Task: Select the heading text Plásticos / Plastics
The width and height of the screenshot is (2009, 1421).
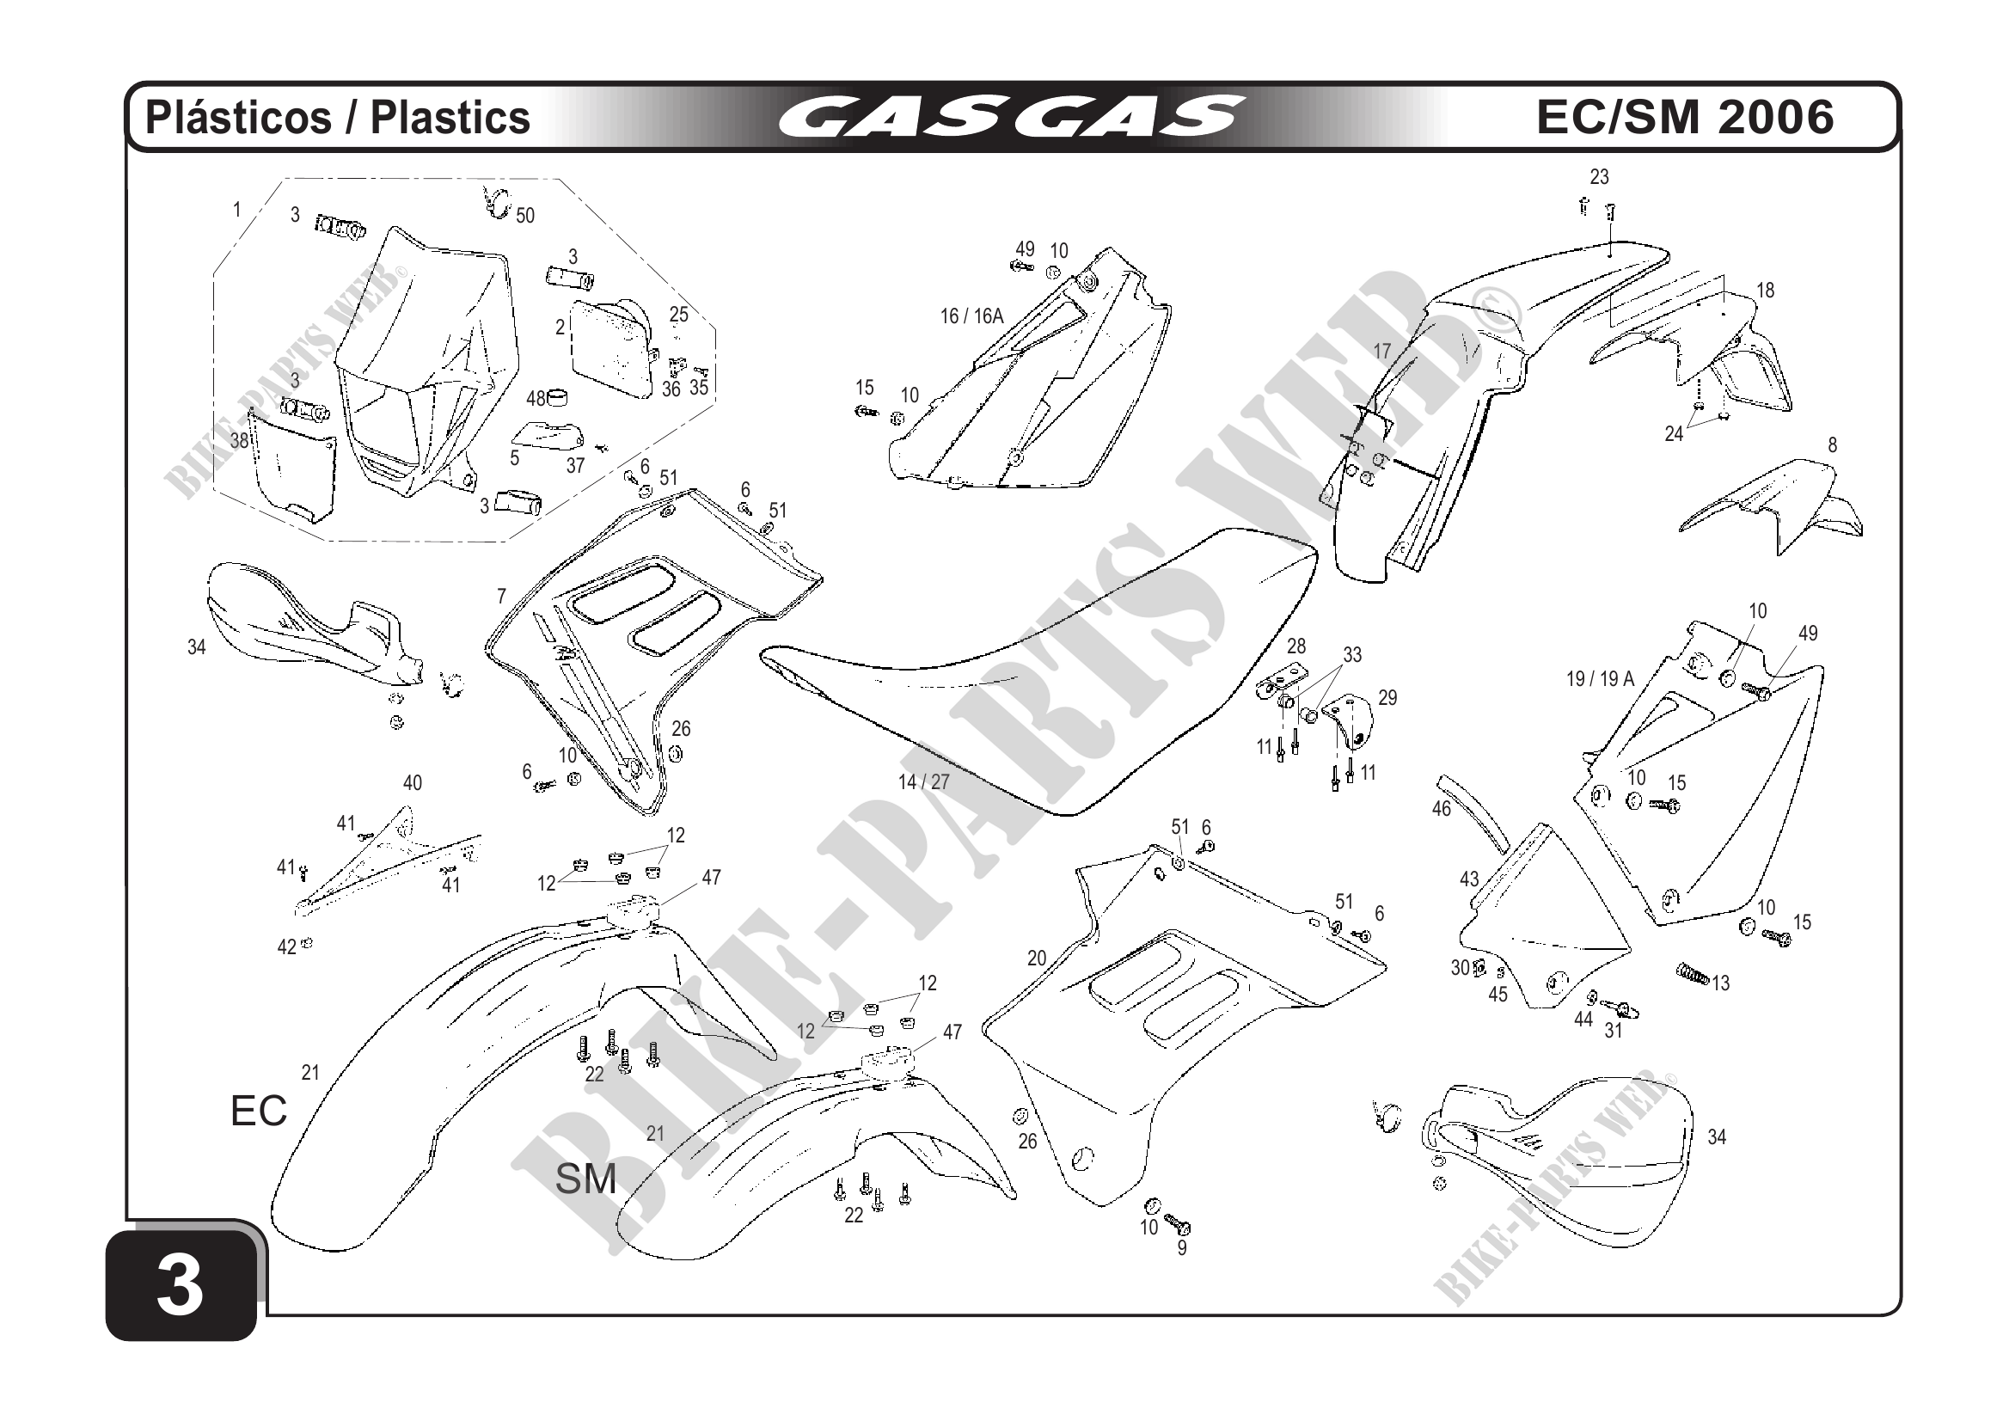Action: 338,118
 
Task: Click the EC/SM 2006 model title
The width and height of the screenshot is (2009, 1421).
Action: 1684,116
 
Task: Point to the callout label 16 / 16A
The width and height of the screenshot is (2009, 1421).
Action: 971,316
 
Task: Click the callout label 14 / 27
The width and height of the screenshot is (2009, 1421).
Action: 923,782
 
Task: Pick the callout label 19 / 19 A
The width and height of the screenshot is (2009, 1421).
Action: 1600,678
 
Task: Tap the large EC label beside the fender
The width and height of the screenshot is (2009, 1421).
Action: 258,1112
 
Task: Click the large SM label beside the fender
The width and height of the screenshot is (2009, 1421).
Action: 585,1179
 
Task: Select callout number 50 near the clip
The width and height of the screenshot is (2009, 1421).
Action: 525,215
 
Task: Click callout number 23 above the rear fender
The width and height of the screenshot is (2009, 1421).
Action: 1599,177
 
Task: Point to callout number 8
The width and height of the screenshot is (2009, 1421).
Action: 1831,444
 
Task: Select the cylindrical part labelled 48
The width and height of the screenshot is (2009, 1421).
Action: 558,398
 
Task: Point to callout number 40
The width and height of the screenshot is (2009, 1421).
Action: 412,783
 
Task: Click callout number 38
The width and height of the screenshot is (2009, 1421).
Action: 240,441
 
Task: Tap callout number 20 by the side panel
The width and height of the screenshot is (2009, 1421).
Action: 1036,959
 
